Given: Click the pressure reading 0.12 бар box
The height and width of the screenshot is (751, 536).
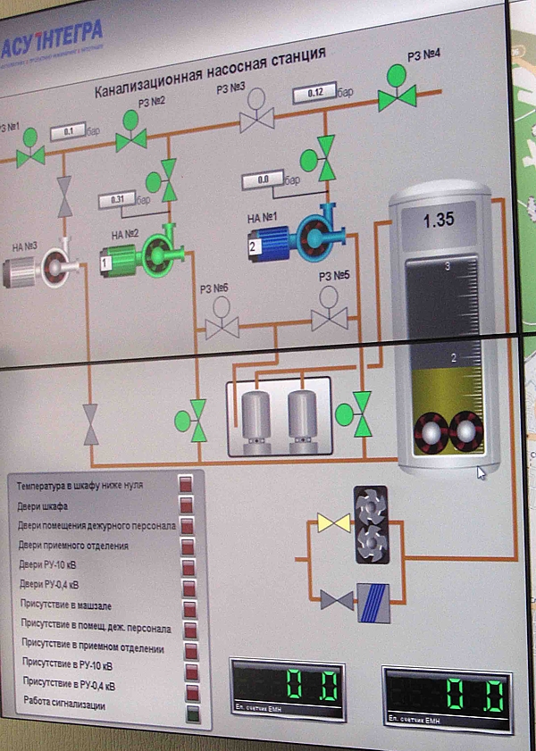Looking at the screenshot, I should (x=315, y=93).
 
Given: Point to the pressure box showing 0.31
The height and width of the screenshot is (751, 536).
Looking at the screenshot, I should (x=116, y=200).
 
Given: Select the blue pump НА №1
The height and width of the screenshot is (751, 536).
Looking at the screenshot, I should (x=288, y=235).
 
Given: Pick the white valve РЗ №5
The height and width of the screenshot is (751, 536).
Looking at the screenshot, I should (x=329, y=317).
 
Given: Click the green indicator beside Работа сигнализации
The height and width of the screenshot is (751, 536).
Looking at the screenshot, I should (x=190, y=713).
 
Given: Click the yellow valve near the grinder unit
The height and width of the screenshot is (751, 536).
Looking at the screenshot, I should (x=332, y=522).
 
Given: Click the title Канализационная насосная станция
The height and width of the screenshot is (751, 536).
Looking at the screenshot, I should (x=210, y=72).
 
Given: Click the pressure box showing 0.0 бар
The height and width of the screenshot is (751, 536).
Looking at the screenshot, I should (x=263, y=180).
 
